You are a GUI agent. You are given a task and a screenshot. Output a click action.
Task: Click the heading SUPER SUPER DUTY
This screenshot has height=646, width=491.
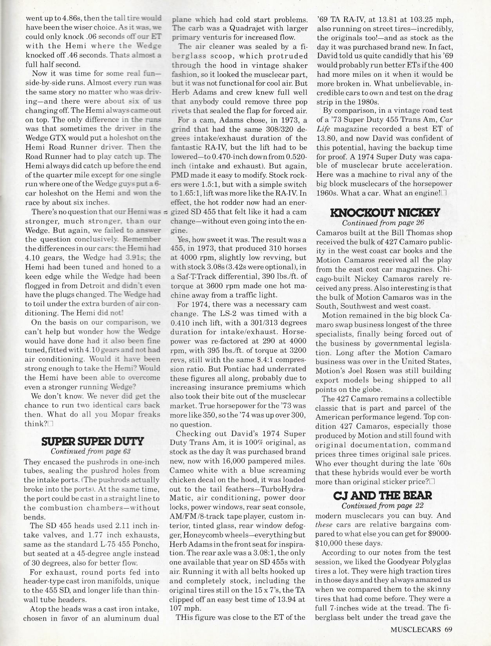pyautogui.click(x=93, y=442)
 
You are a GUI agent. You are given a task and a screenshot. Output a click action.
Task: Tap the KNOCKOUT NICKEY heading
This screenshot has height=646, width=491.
pyautogui.click(x=385, y=213)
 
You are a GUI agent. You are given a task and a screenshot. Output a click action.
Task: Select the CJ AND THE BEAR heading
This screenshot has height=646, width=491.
pyautogui.click(x=383, y=496)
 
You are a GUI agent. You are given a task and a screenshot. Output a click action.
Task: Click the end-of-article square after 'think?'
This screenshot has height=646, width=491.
pyautogui.click(x=52, y=424)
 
